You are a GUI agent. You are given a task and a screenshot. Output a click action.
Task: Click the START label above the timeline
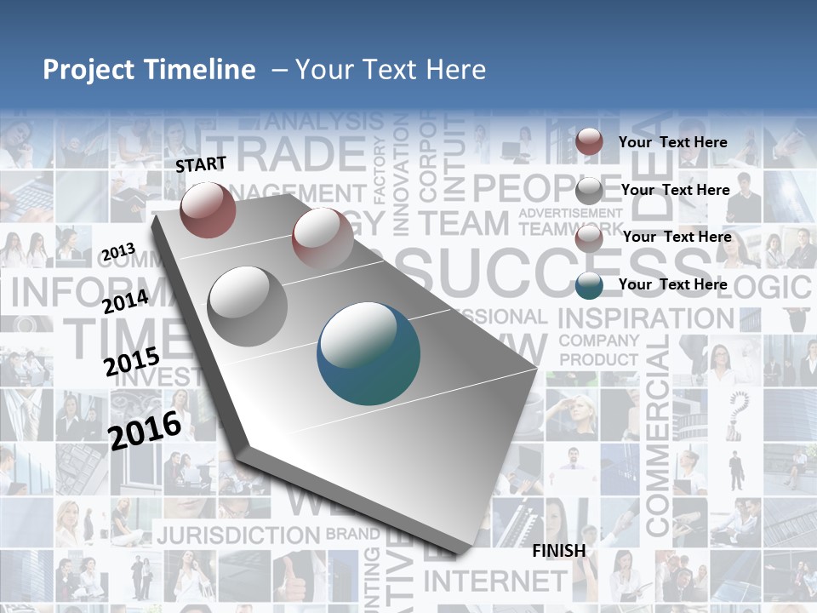click(x=201, y=164)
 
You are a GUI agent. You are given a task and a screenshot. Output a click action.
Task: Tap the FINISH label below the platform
click(x=559, y=551)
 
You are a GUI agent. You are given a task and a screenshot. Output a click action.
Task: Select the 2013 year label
click(x=119, y=252)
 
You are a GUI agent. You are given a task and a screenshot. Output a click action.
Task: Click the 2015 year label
click(x=131, y=363)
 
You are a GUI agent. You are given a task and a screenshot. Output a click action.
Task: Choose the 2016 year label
click(x=145, y=430)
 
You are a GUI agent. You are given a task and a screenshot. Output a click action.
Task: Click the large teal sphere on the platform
click(x=369, y=353)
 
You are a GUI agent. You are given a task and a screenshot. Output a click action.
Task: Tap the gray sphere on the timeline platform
click(x=248, y=306)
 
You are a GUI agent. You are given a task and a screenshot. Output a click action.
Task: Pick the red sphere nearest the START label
click(x=208, y=209)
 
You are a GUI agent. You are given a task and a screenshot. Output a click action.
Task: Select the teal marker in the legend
click(x=589, y=285)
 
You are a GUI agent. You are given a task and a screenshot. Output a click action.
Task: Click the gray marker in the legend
click(x=589, y=190)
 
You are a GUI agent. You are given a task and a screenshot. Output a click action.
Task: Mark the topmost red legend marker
click(x=589, y=142)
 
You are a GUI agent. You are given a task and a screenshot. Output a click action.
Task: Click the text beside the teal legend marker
click(x=672, y=284)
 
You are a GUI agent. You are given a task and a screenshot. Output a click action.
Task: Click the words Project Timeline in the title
click(x=149, y=70)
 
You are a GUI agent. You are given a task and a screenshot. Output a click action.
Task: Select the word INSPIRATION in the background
click(x=645, y=318)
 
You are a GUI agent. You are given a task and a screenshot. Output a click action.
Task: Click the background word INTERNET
click(x=494, y=581)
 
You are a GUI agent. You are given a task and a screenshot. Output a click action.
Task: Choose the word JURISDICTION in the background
click(x=237, y=536)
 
